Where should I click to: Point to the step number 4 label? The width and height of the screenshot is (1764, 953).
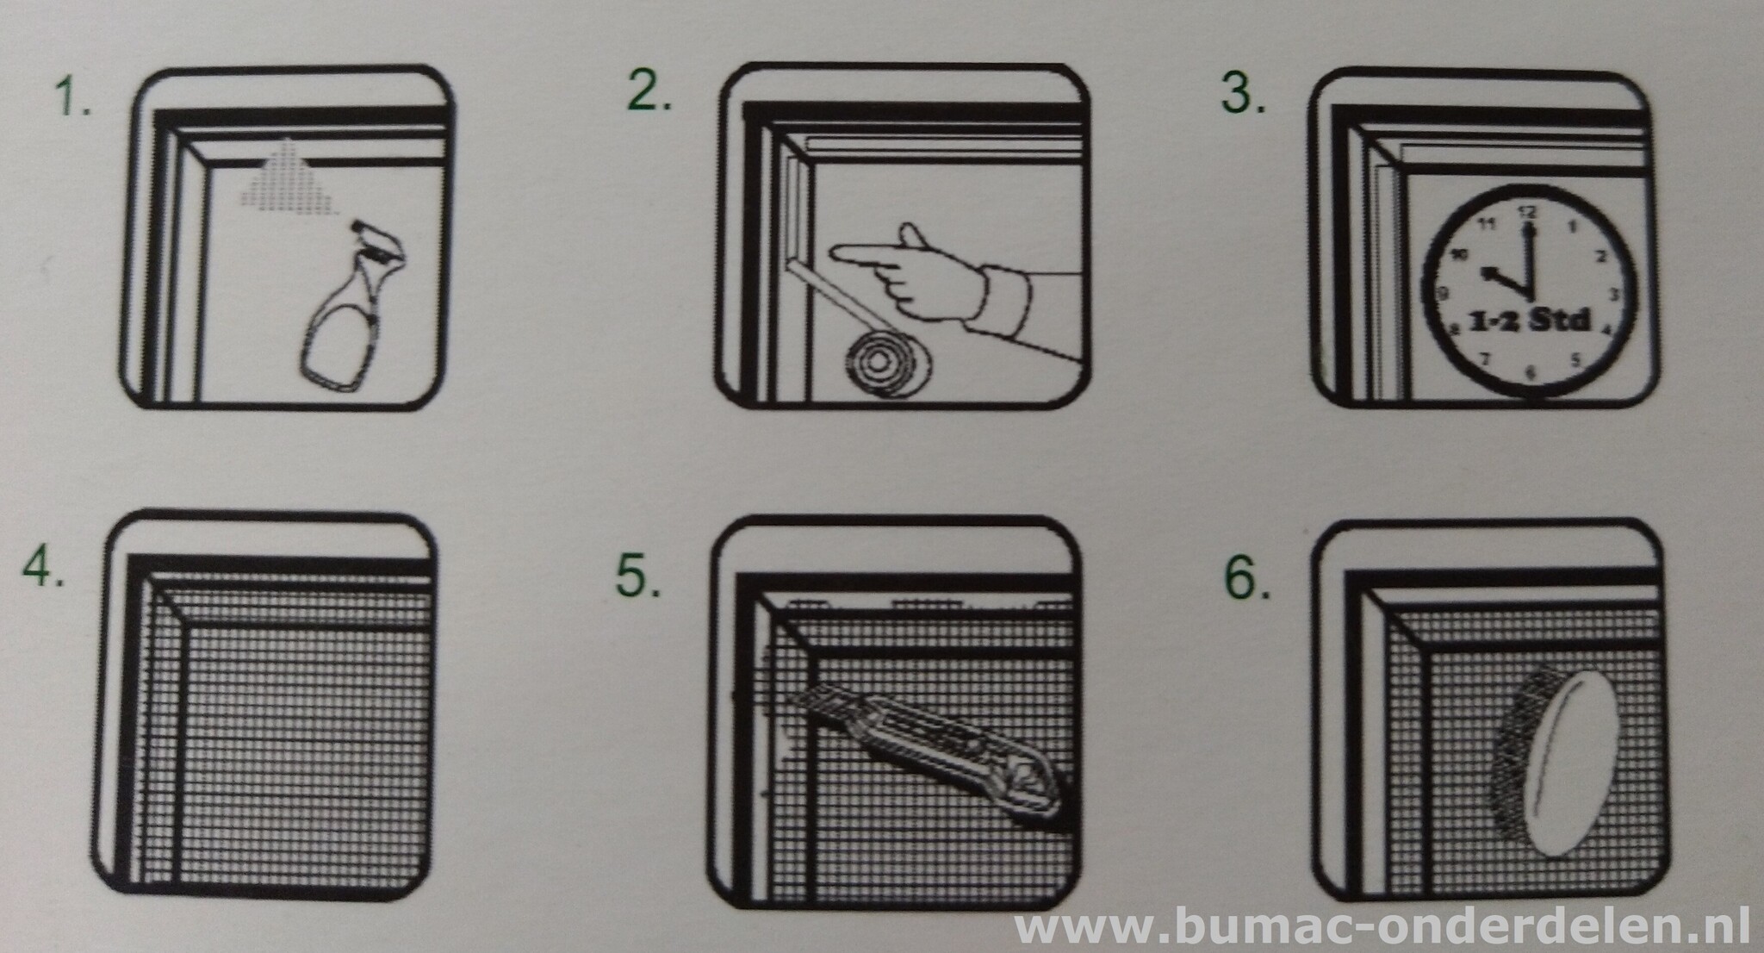43,565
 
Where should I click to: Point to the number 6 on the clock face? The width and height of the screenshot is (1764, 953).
1530,372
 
